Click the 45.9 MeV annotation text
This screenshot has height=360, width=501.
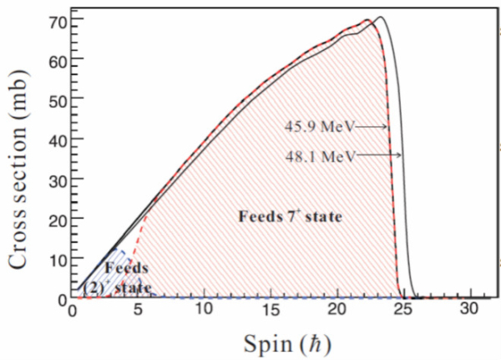[320, 127]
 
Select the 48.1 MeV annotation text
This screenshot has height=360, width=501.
[320, 155]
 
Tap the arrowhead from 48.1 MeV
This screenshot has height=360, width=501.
[400, 155]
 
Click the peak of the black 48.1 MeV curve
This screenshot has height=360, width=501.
[380, 17]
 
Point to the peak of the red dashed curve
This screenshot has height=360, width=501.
[367, 20]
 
